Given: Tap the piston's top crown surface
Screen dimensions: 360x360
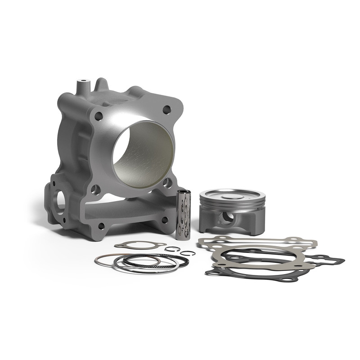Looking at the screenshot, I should click(232, 194).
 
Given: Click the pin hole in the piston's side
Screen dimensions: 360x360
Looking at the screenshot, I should click(227, 218).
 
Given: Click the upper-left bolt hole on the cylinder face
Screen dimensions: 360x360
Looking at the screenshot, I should click(99, 116).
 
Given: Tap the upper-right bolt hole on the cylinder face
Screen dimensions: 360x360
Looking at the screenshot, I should click(166, 109).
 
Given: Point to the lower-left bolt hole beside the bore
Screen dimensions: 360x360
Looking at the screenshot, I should click(95, 189).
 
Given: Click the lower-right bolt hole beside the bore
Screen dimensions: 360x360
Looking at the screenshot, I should click(167, 183).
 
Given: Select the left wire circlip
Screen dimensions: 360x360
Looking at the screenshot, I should click(172, 249).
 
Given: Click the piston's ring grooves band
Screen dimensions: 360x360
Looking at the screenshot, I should click(232, 205).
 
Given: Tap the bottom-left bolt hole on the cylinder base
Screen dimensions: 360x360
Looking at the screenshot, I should click(101, 226).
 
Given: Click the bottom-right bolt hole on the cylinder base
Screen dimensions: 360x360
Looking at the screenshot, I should click(165, 220).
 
